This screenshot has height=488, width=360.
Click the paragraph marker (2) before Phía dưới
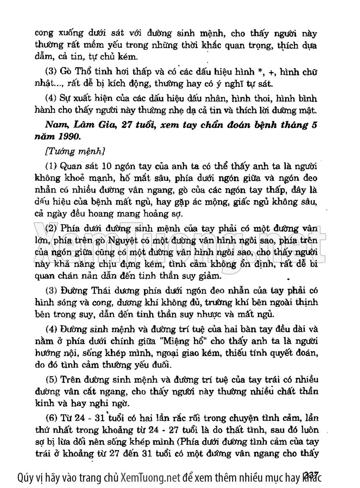pyautogui.click(x=52, y=228)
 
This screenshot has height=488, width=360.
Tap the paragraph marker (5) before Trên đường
pyautogui.click(x=52, y=378)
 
